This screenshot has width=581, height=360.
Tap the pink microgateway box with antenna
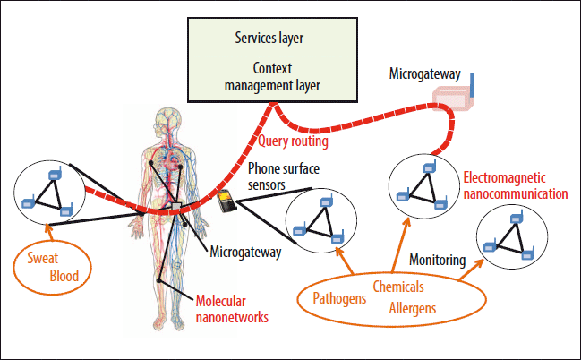(453, 98)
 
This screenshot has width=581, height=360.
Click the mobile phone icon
(227, 201)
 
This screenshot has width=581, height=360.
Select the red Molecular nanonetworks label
(232, 308)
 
